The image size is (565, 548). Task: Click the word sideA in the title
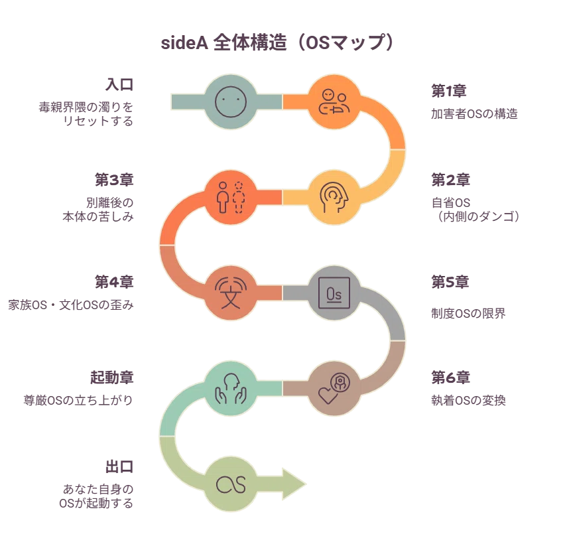184,43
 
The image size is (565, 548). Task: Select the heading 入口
119,85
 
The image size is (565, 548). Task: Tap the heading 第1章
449,91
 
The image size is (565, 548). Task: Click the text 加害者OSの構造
474,114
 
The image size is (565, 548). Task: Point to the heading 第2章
451,180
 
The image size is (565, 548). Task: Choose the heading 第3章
114,180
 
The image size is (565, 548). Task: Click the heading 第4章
114,282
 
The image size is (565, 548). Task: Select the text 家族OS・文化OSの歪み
71,305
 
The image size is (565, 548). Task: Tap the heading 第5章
450,282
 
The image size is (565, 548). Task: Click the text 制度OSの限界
468,314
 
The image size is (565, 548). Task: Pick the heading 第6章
451,377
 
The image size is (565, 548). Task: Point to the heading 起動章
112,377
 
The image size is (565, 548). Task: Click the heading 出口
119,466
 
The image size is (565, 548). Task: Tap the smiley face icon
231,102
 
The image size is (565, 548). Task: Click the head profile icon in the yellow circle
334,198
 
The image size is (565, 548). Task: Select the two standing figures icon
231,197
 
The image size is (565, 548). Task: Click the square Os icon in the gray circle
334,293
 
